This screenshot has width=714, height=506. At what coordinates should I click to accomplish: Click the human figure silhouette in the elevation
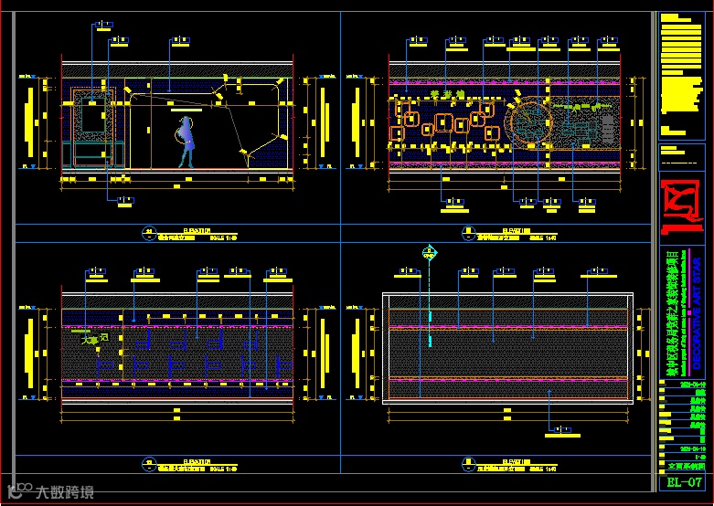point(186,142)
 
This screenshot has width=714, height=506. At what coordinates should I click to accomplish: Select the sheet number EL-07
point(684,482)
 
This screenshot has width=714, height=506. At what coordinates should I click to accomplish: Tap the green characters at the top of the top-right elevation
point(448,93)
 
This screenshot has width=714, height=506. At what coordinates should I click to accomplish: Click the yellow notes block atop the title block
point(682,73)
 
